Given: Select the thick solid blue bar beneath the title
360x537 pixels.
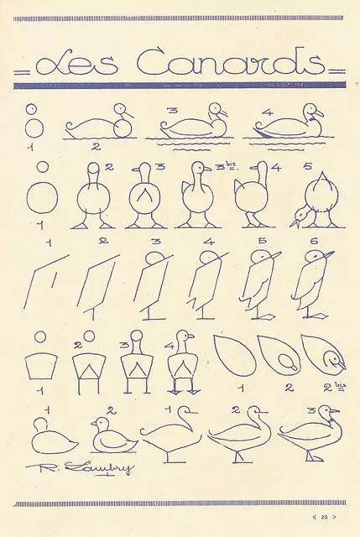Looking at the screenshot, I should (x=180, y=84).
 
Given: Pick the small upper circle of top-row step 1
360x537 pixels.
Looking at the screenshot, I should (x=31, y=110).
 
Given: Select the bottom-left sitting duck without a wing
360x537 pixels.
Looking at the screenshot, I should (x=51, y=436).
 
